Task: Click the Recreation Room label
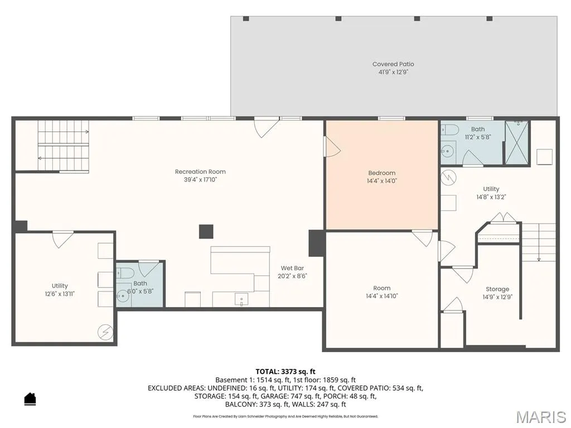(x=200, y=172)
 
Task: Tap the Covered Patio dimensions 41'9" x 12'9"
(x=393, y=72)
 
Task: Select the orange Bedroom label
(x=381, y=173)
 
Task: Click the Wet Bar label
(x=292, y=268)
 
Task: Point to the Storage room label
(x=497, y=289)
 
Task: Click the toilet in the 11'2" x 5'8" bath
(x=448, y=129)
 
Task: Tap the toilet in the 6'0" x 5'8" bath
(x=122, y=272)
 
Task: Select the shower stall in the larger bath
(x=517, y=143)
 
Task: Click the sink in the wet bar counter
(x=241, y=299)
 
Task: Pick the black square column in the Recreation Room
(x=206, y=231)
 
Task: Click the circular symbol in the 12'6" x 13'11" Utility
(x=105, y=332)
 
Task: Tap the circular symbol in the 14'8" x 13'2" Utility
(x=448, y=177)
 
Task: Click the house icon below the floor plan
(x=30, y=399)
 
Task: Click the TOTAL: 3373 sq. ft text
(x=285, y=372)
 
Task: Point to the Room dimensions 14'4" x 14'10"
(x=381, y=296)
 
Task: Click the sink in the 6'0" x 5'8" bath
(x=123, y=295)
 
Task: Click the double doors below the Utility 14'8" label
(x=503, y=217)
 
